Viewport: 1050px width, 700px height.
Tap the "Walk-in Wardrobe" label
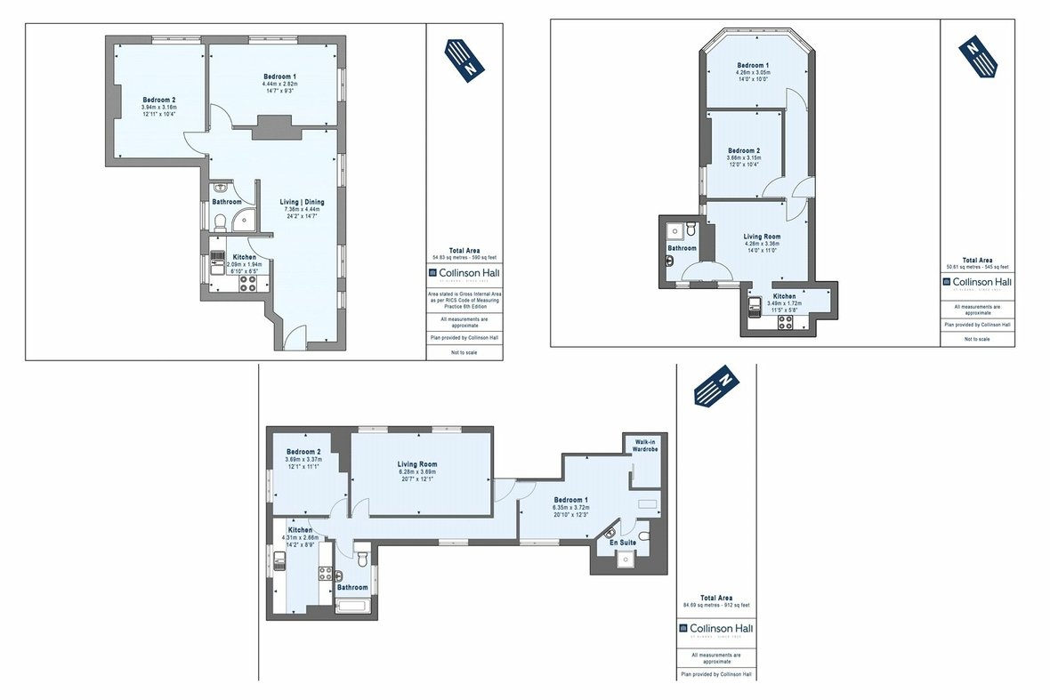point(645,446)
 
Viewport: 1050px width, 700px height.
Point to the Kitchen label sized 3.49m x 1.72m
point(784,295)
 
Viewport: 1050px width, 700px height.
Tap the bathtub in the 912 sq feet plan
point(353,606)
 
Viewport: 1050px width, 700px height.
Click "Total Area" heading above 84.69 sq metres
point(716,598)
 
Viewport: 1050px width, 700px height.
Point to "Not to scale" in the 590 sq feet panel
point(464,351)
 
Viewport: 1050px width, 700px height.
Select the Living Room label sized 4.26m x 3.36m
point(761,237)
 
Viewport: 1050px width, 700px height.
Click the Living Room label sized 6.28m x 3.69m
point(416,464)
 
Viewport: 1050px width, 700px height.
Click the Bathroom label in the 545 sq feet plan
point(682,248)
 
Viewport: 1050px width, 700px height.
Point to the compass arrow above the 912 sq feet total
point(716,384)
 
